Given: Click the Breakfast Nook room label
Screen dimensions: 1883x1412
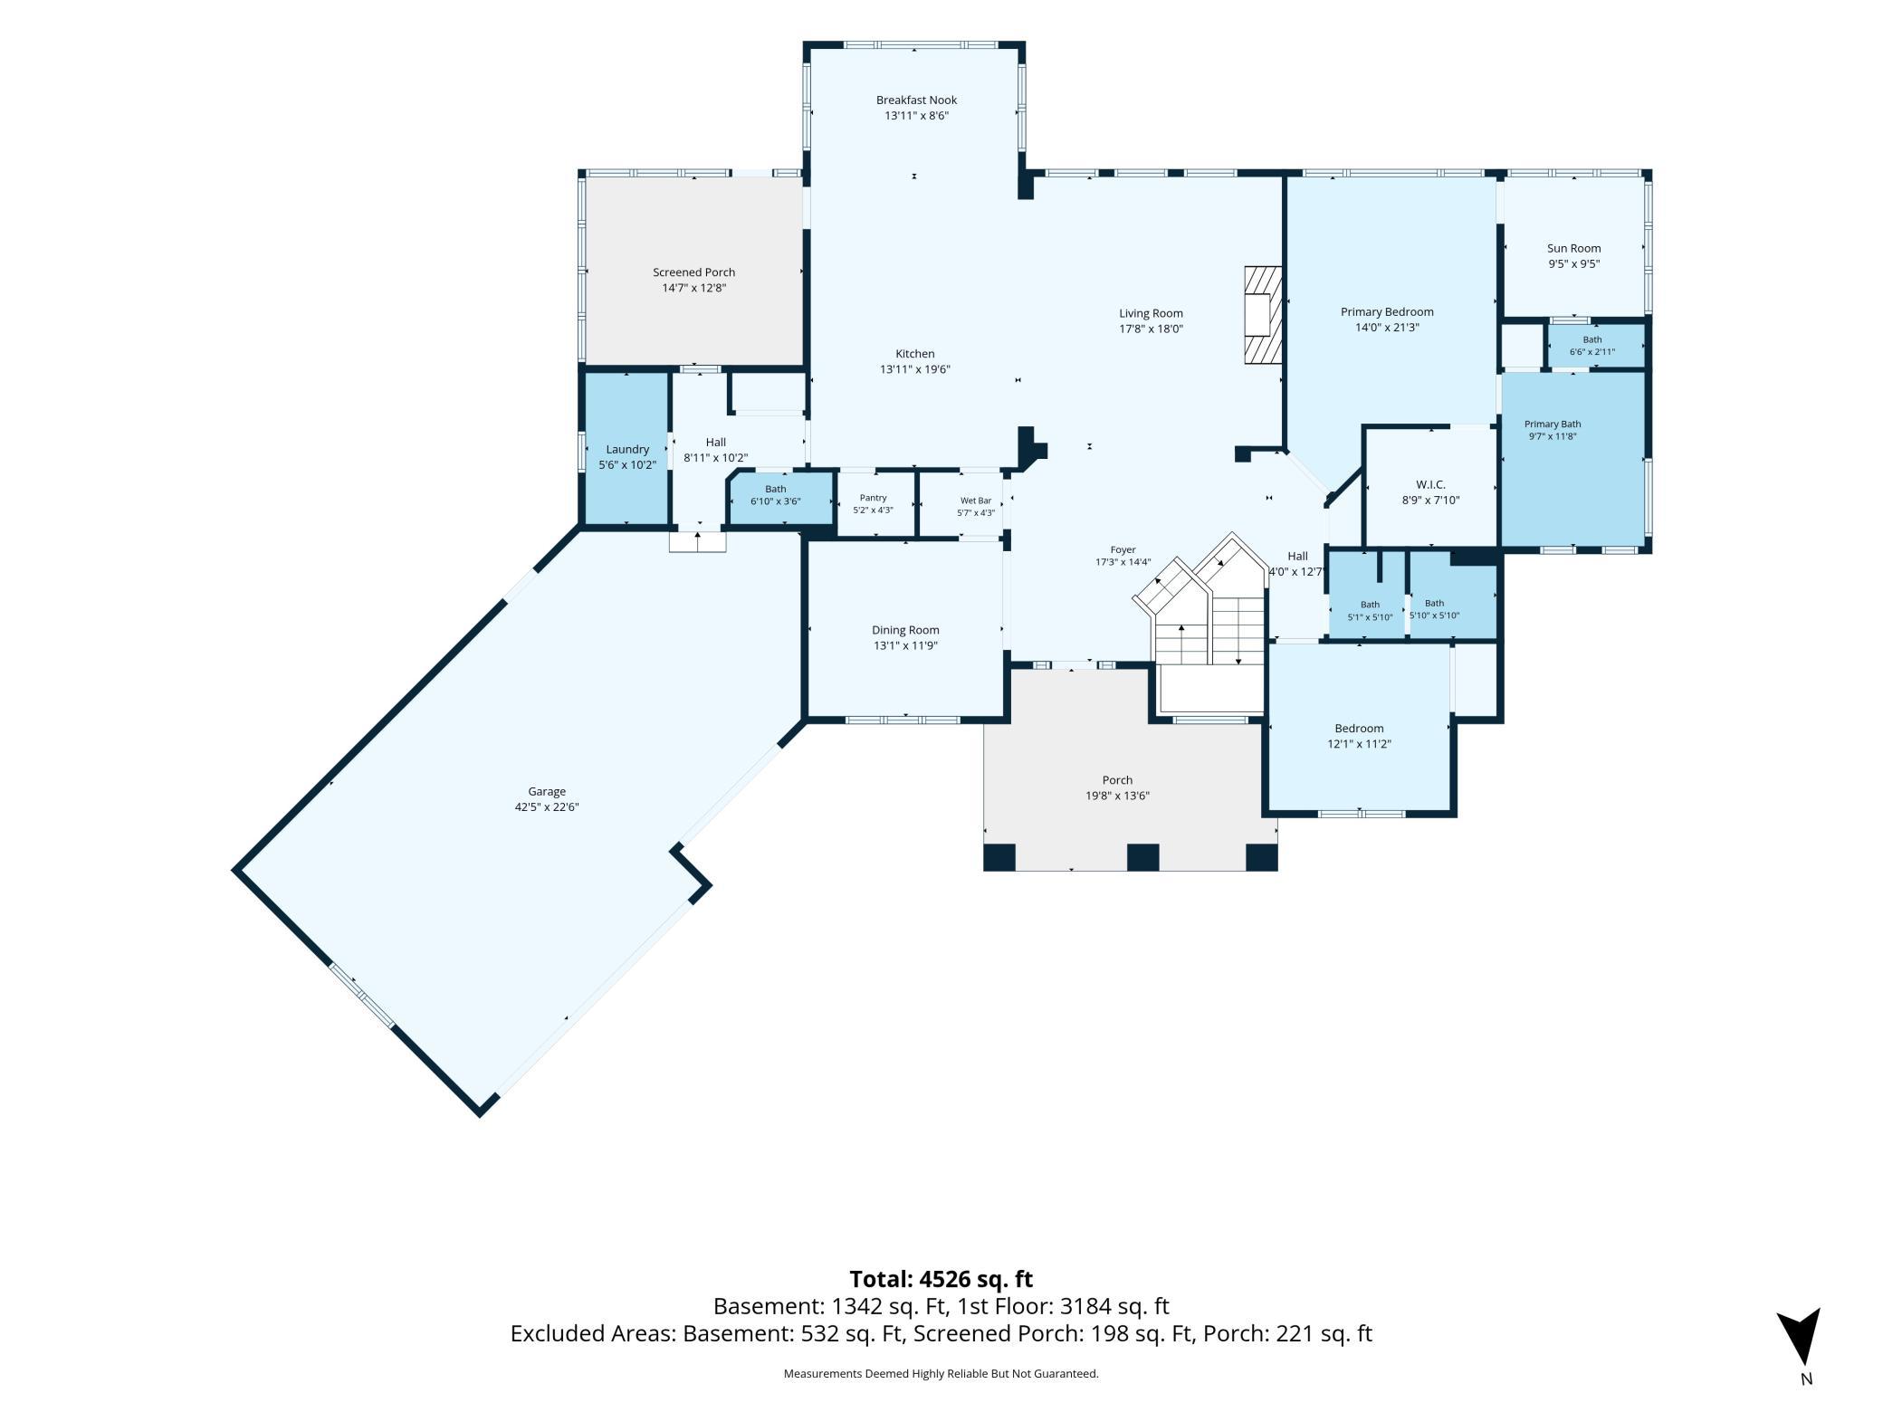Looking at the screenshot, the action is (x=916, y=100).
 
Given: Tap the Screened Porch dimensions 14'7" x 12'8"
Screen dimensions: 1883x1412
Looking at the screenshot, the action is (x=694, y=288).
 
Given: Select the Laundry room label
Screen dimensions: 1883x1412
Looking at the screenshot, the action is (x=627, y=449).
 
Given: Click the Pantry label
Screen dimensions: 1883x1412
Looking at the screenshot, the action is (x=873, y=498).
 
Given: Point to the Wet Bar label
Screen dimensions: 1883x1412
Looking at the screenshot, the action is (x=976, y=501).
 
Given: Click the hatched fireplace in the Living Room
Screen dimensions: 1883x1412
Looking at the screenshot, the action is (x=1263, y=314).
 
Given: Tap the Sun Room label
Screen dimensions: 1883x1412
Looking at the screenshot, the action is (x=1573, y=248).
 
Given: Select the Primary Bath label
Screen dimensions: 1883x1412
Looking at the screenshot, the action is (x=1553, y=424).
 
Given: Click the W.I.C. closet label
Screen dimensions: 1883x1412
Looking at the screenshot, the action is (x=1430, y=484).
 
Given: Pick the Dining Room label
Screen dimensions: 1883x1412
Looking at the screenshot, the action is (x=905, y=630).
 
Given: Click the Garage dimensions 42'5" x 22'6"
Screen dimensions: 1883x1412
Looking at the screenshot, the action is (x=547, y=807).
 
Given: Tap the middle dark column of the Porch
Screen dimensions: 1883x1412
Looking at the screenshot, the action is (x=1142, y=856).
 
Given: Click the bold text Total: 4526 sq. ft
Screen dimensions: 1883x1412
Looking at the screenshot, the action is (x=941, y=1279).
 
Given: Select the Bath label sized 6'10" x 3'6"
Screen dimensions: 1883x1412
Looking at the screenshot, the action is (x=776, y=489).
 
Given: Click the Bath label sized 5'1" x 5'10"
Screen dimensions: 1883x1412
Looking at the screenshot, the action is (x=1370, y=605).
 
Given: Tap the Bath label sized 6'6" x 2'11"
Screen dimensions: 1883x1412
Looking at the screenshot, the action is (x=1592, y=340).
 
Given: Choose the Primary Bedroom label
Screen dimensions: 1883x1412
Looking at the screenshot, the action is (x=1387, y=312).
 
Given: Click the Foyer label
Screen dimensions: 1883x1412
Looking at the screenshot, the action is (x=1123, y=549).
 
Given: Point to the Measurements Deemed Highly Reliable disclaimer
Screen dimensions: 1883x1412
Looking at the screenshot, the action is (x=941, y=1374).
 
